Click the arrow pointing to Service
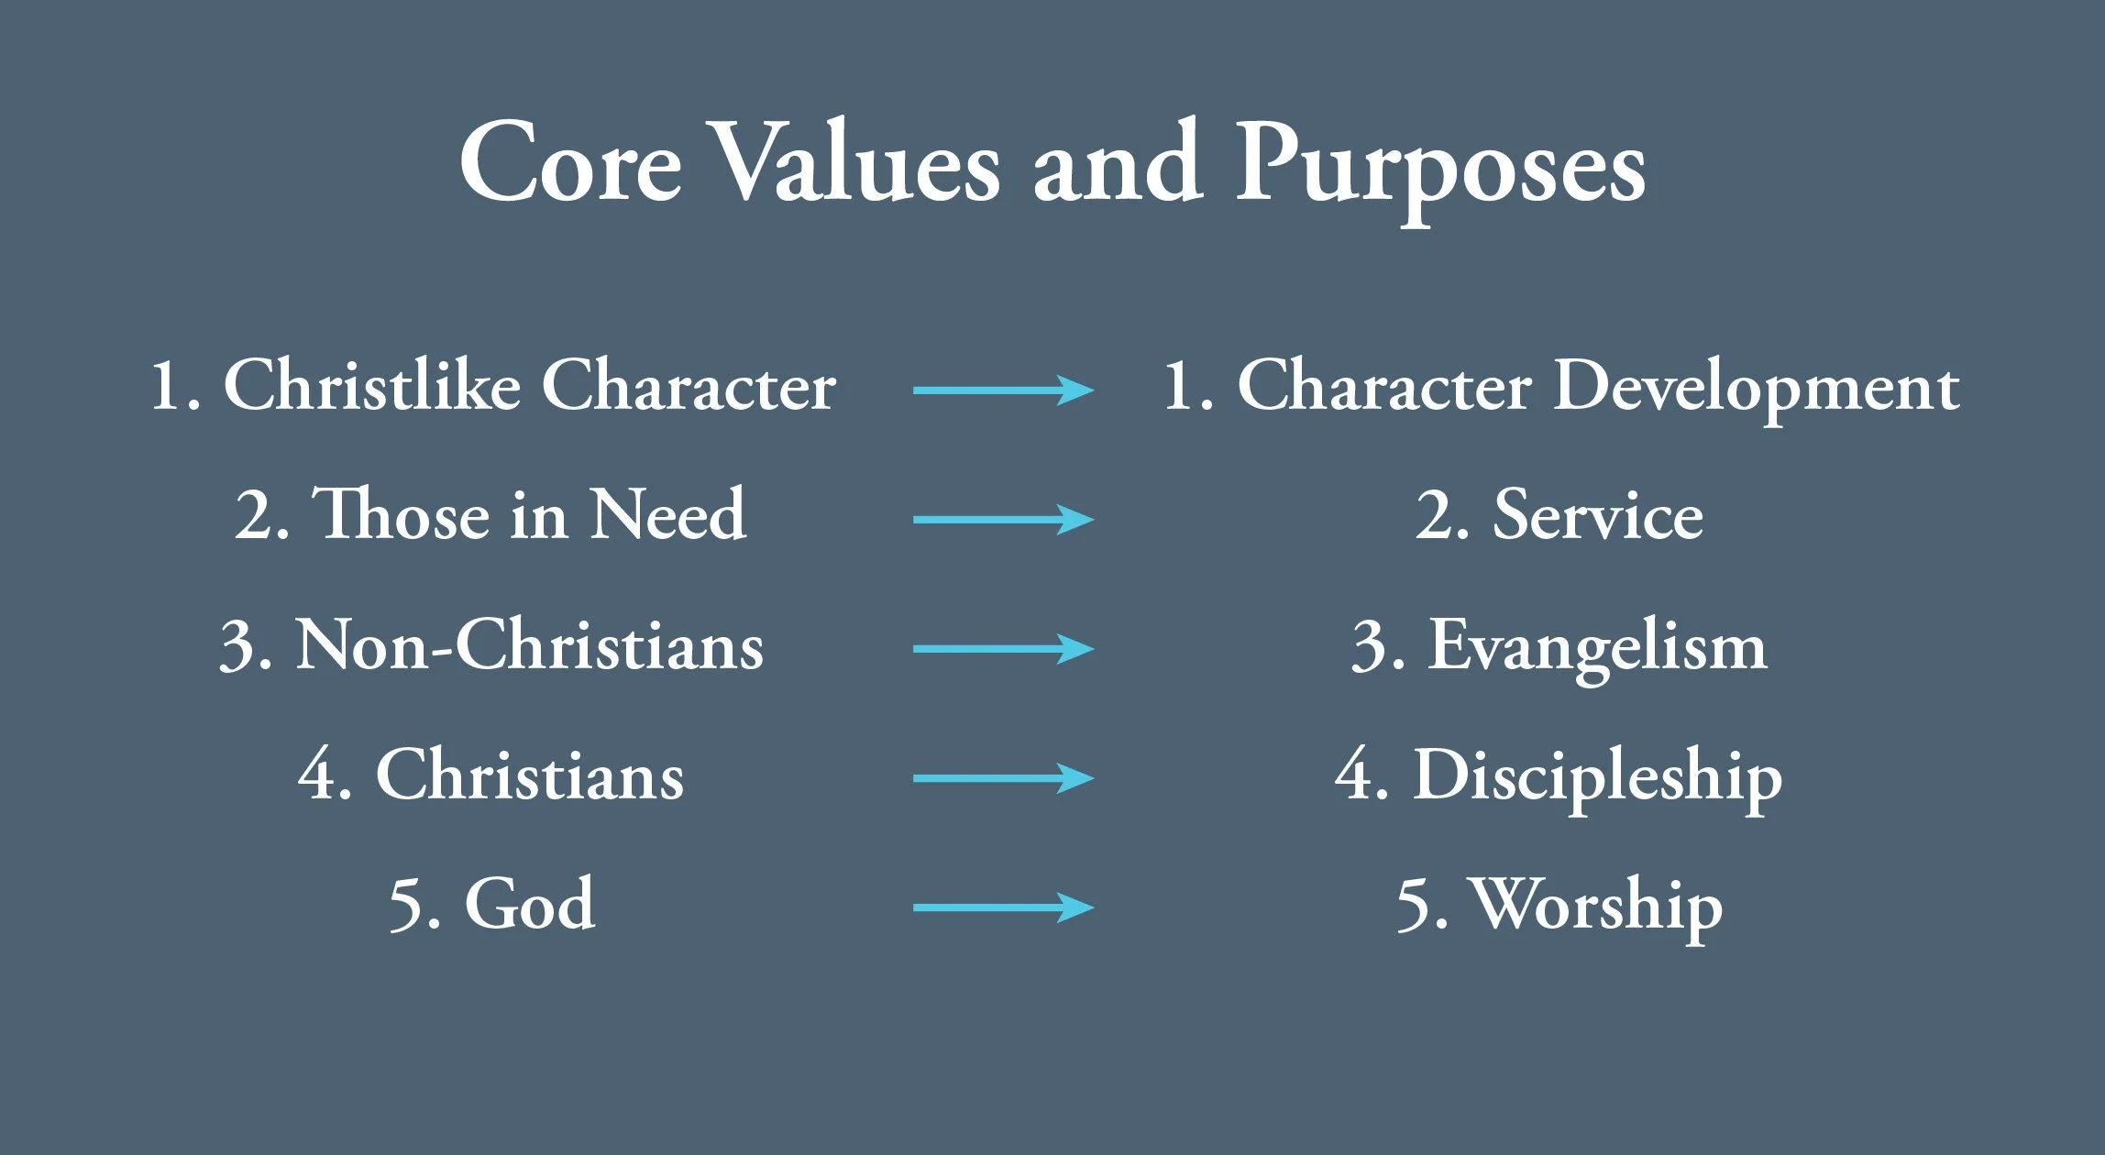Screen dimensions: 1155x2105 pyautogui.click(x=1003, y=519)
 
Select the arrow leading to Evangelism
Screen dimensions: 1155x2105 pyautogui.click(x=1003, y=648)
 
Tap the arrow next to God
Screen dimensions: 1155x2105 pyautogui.click(x=1003, y=907)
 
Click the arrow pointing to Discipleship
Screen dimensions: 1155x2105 pyautogui.click(x=1003, y=778)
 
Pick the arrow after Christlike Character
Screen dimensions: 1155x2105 pyautogui.click(x=1003, y=390)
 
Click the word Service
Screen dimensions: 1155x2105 pyautogui.click(x=1598, y=516)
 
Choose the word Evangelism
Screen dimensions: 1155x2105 pyautogui.click(x=1597, y=647)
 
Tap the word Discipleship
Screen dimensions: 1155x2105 pyautogui.click(x=1597, y=777)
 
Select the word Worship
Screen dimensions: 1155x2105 pyautogui.click(x=1597, y=906)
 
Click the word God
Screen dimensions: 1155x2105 pyautogui.click(x=530, y=904)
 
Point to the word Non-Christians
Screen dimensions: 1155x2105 pyautogui.click(x=529, y=645)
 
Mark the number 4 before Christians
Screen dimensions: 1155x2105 pyautogui.click(x=316, y=775)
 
